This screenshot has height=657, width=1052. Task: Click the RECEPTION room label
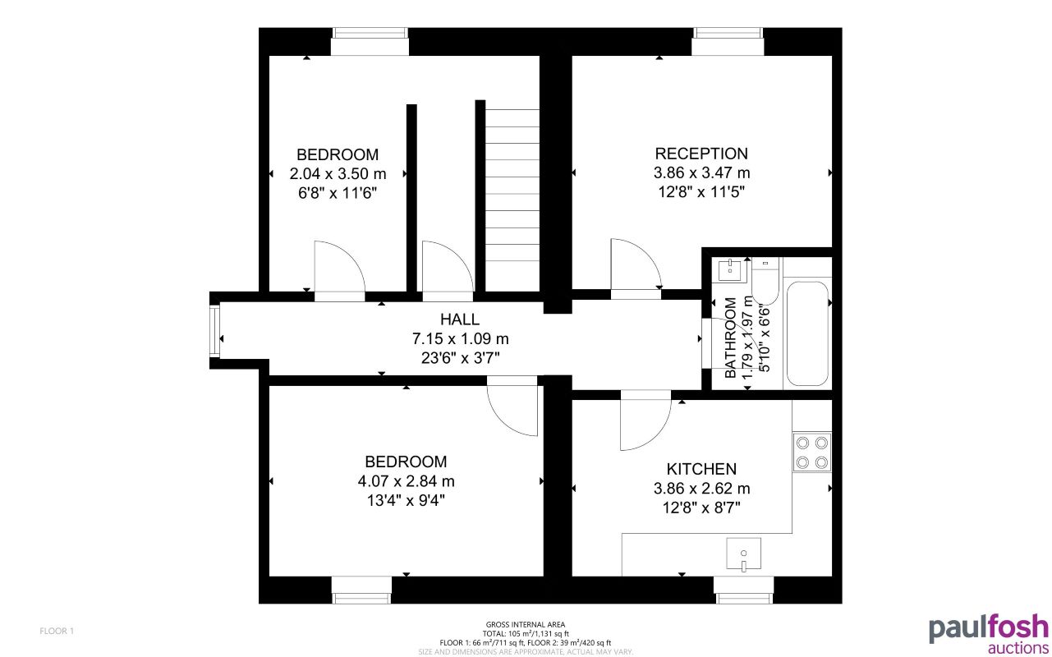pyautogui.click(x=701, y=154)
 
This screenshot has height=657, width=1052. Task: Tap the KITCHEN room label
pyautogui.click(x=701, y=469)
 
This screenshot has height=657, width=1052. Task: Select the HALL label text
pyautogui.click(x=460, y=319)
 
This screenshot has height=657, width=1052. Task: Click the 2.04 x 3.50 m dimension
pyautogui.click(x=338, y=173)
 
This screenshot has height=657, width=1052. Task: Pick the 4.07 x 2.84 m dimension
pyautogui.click(x=407, y=480)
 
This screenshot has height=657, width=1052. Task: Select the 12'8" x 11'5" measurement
pyautogui.click(x=701, y=192)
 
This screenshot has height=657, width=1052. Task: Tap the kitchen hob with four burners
pyautogui.click(x=812, y=453)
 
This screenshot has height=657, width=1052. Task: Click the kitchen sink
pyautogui.click(x=743, y=554)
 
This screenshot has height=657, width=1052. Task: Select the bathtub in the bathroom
pyautogui.click(x=807, y=333)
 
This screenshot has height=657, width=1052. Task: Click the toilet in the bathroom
pyautogui.click(x=765, y=282)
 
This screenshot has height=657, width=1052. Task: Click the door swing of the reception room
pyautogui.click(x=635, y=264)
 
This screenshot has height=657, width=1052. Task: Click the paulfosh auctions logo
pyautogui.click(x=988, y=633)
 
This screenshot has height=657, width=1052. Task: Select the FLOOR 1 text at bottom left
pyautogui.click(x=57, y=631)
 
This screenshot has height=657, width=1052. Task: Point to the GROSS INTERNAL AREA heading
pyautogui.click(x=526, y=625)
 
